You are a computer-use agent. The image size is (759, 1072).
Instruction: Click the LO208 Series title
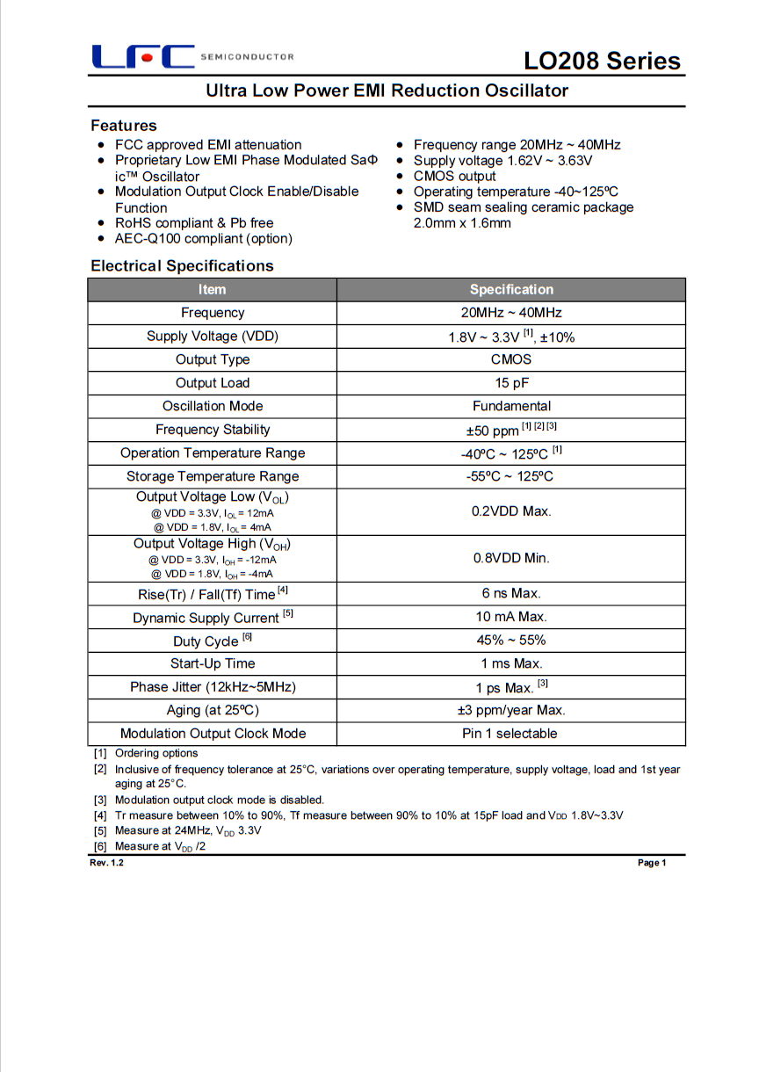[602, 61]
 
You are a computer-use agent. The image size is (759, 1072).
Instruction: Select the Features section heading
[124, 126]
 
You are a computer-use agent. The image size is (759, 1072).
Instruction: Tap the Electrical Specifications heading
[182, 265]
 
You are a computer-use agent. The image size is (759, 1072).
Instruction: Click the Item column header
[212, 290]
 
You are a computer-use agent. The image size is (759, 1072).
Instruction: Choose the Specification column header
[511, 290]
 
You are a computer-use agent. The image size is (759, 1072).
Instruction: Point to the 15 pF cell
[511, 383]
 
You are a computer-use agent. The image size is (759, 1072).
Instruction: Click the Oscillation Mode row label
[212, 406]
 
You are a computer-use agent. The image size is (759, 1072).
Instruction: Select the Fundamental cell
[511, 406]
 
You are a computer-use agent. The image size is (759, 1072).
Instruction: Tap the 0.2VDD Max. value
[511, 511]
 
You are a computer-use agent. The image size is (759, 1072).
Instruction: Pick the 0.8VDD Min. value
[511, 558]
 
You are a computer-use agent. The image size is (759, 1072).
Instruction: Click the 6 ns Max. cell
[511, 594]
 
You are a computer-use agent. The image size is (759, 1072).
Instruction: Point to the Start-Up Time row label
[212, 663]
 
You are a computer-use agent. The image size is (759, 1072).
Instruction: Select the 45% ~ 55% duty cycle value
[511, 641]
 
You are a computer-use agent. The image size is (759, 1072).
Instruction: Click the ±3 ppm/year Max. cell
[511, 710]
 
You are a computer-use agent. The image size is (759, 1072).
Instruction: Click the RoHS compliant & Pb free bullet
[194, 223]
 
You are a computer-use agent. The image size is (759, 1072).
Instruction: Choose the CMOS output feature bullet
[454, 176]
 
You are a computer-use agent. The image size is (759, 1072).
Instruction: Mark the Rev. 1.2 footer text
[107, 863]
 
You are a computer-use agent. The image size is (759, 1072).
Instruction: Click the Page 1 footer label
[652, 863]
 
